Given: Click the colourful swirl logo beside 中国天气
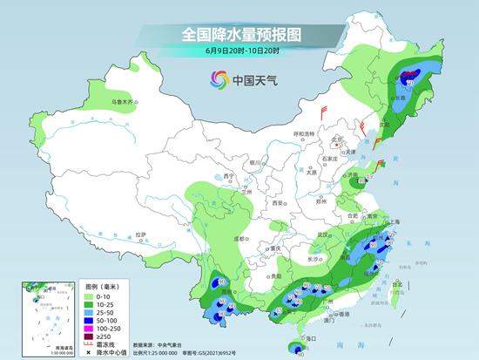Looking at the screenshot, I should (218, 79).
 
